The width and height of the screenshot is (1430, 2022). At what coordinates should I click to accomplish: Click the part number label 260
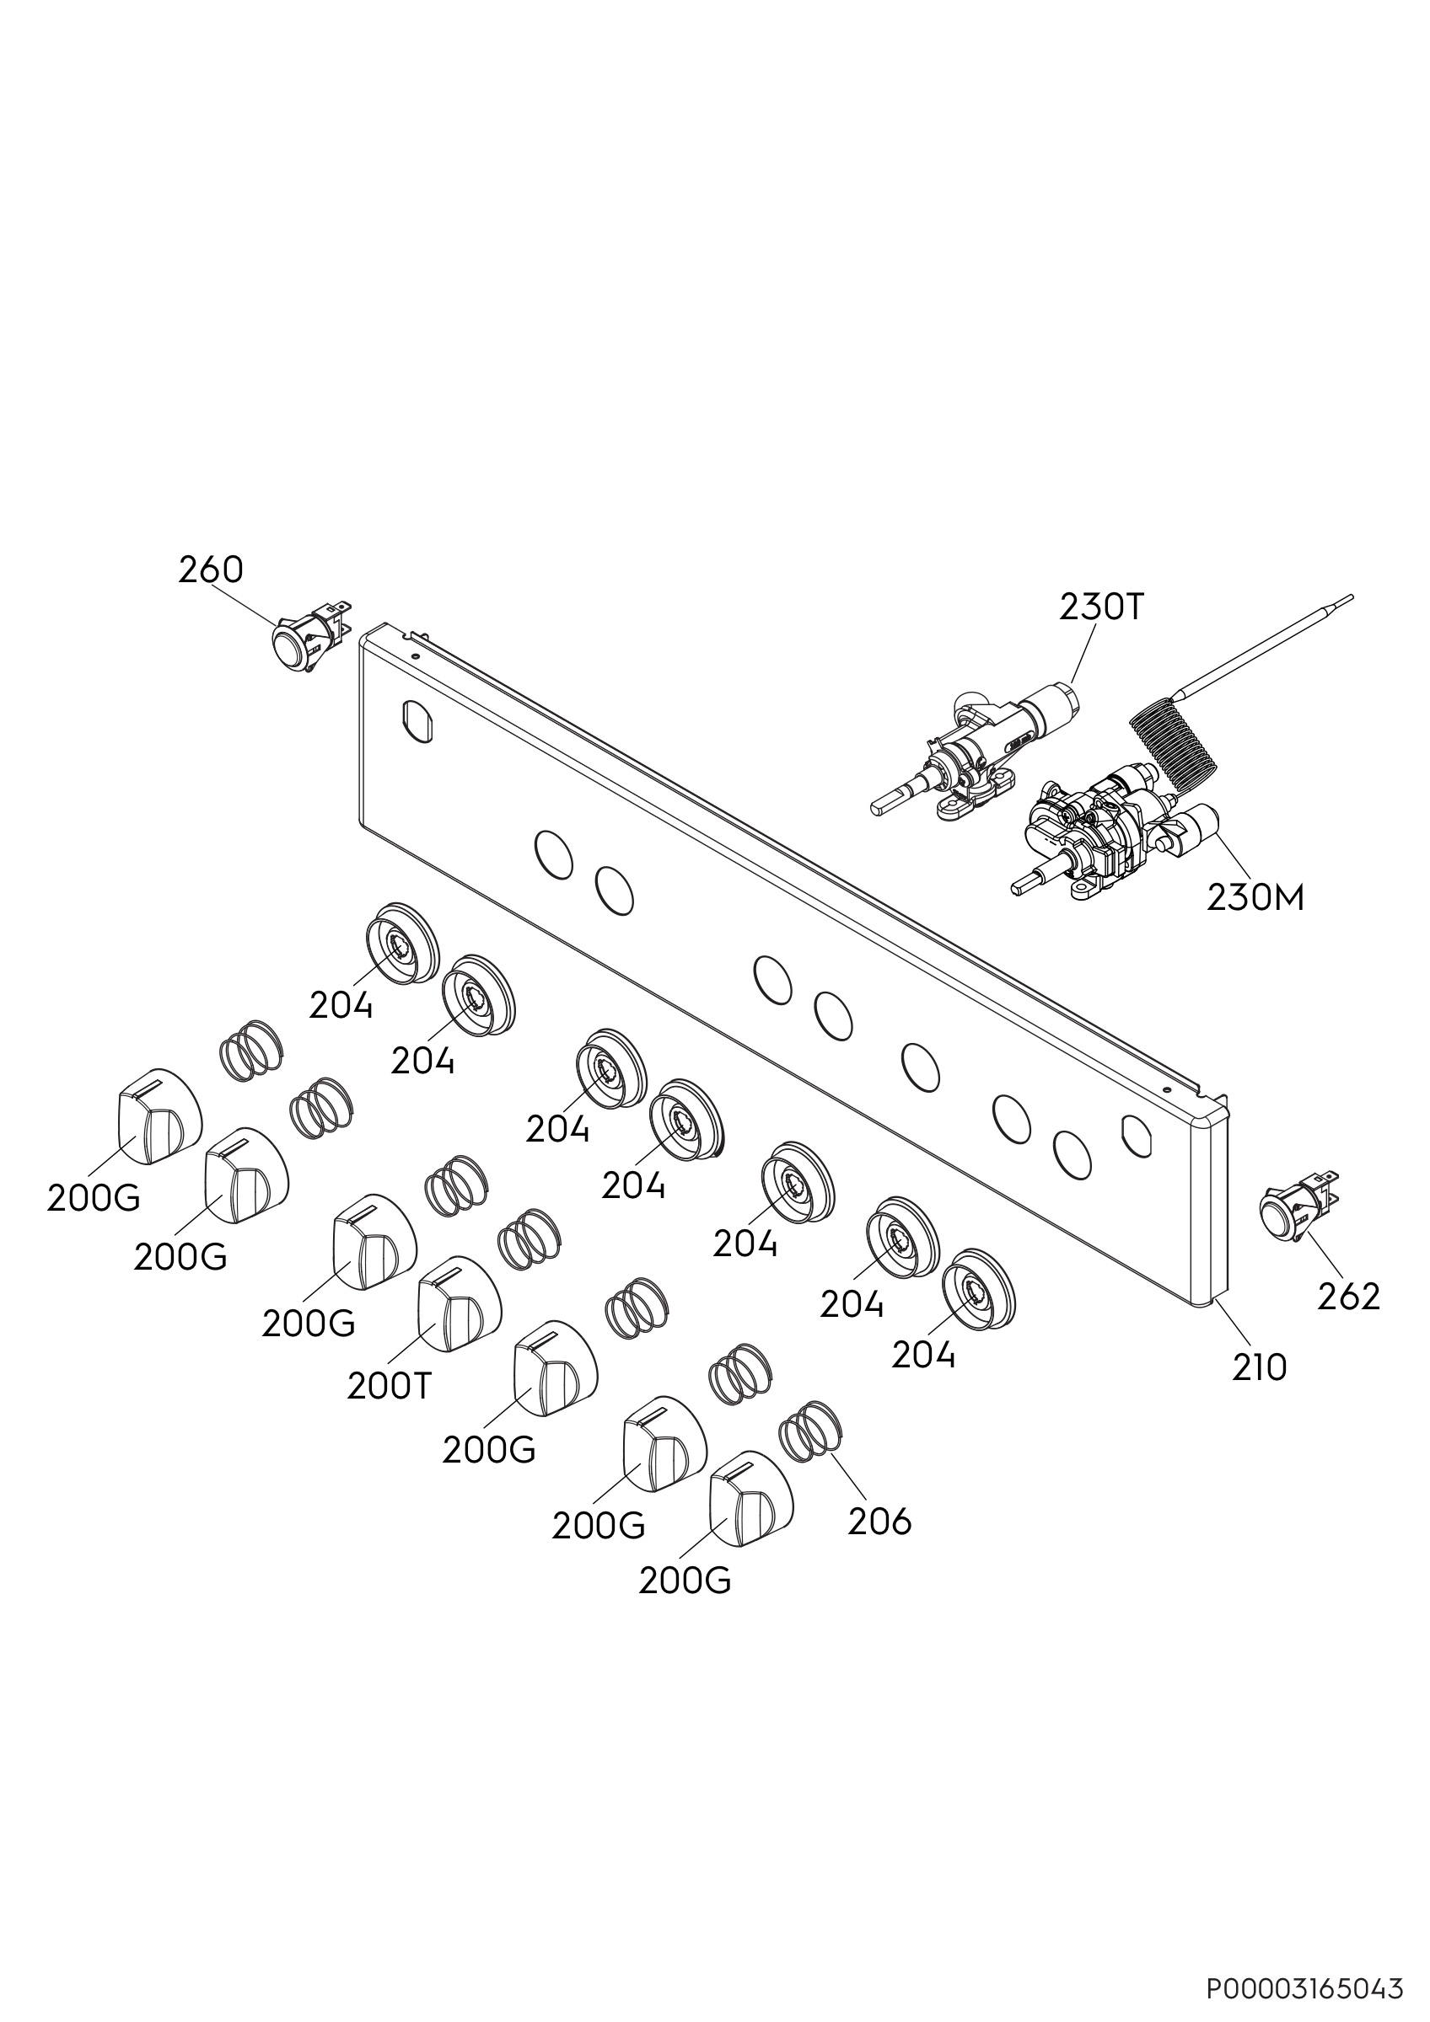211,570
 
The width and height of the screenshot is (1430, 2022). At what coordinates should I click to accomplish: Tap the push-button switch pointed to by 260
309,636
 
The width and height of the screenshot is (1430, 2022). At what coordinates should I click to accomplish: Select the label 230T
1101,607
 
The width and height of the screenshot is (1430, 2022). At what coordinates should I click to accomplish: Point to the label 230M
1255,897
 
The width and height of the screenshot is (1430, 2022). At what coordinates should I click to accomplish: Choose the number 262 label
1349,1297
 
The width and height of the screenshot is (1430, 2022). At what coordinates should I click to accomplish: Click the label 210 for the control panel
1259,1367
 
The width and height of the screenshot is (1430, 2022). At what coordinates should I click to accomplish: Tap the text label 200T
390,1387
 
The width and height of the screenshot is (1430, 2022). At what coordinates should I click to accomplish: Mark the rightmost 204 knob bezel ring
978,1291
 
